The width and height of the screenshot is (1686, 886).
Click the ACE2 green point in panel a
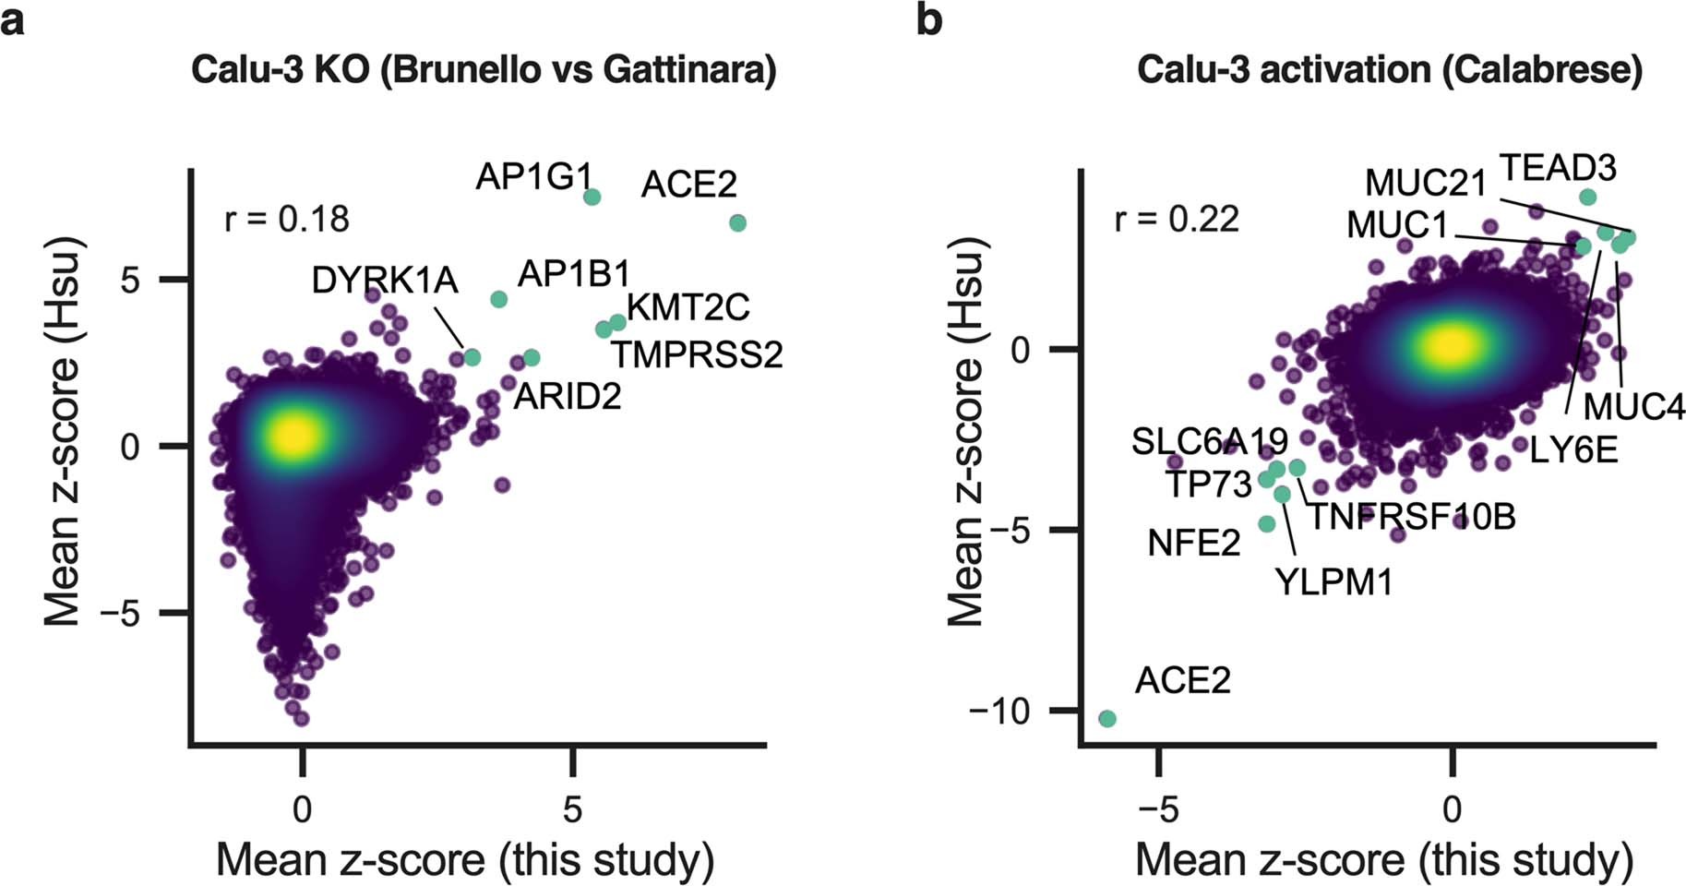(737, 223)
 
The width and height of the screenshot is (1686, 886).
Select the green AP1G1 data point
(592, 198)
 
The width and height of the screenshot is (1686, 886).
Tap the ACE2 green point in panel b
(1108, 719)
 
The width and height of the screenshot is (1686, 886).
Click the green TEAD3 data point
(1588, 197)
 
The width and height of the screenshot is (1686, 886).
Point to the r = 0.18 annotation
(287, 220)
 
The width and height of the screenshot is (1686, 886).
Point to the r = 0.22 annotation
(1177, 220)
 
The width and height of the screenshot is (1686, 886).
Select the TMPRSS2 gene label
(697, 354)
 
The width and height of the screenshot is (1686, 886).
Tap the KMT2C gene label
(688, 307)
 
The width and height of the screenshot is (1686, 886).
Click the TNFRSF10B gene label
(1413, 517)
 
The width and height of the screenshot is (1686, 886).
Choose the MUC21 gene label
(1426, 183)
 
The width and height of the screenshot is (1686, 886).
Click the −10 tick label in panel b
(998, 712)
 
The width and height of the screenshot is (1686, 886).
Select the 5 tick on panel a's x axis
(573, 809)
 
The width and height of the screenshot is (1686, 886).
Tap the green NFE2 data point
(1267, 524)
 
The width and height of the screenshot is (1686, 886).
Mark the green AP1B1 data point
(499, 299)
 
